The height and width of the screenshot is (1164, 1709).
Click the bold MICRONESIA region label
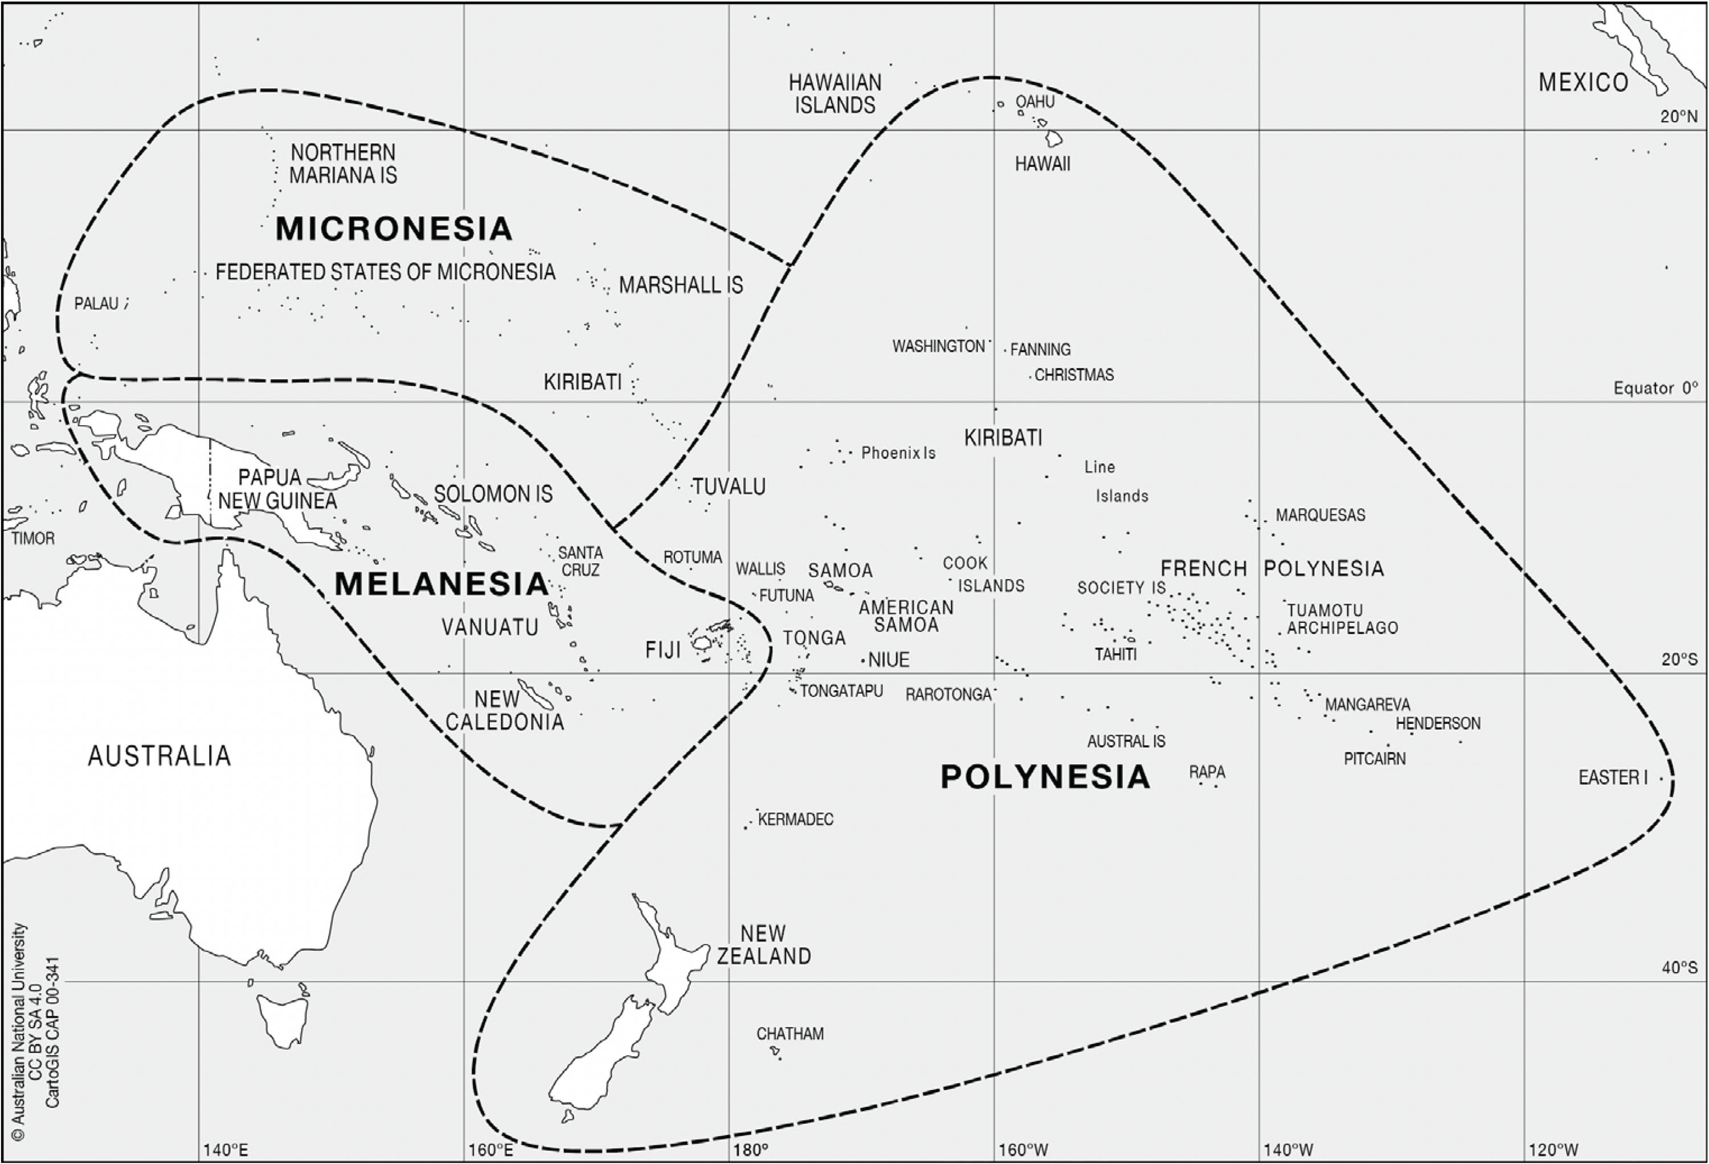394,229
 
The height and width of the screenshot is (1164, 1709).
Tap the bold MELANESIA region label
441,584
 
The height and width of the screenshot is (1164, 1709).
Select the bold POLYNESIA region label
1045,777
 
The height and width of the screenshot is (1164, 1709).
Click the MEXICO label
1583,83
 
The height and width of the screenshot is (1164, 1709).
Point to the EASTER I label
1613,778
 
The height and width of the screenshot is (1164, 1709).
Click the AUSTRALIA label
160,756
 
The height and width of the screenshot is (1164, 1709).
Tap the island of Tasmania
283,1019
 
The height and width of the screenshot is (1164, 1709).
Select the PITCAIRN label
1375,759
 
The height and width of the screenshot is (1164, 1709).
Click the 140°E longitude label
225,1150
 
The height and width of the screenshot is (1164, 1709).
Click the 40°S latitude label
1679,967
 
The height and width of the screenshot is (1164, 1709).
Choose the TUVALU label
729,486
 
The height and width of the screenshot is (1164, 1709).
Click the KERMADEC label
796,820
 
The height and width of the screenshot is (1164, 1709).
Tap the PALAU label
96,304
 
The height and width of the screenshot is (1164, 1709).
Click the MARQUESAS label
1320,515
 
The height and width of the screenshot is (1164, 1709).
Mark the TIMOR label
33,539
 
